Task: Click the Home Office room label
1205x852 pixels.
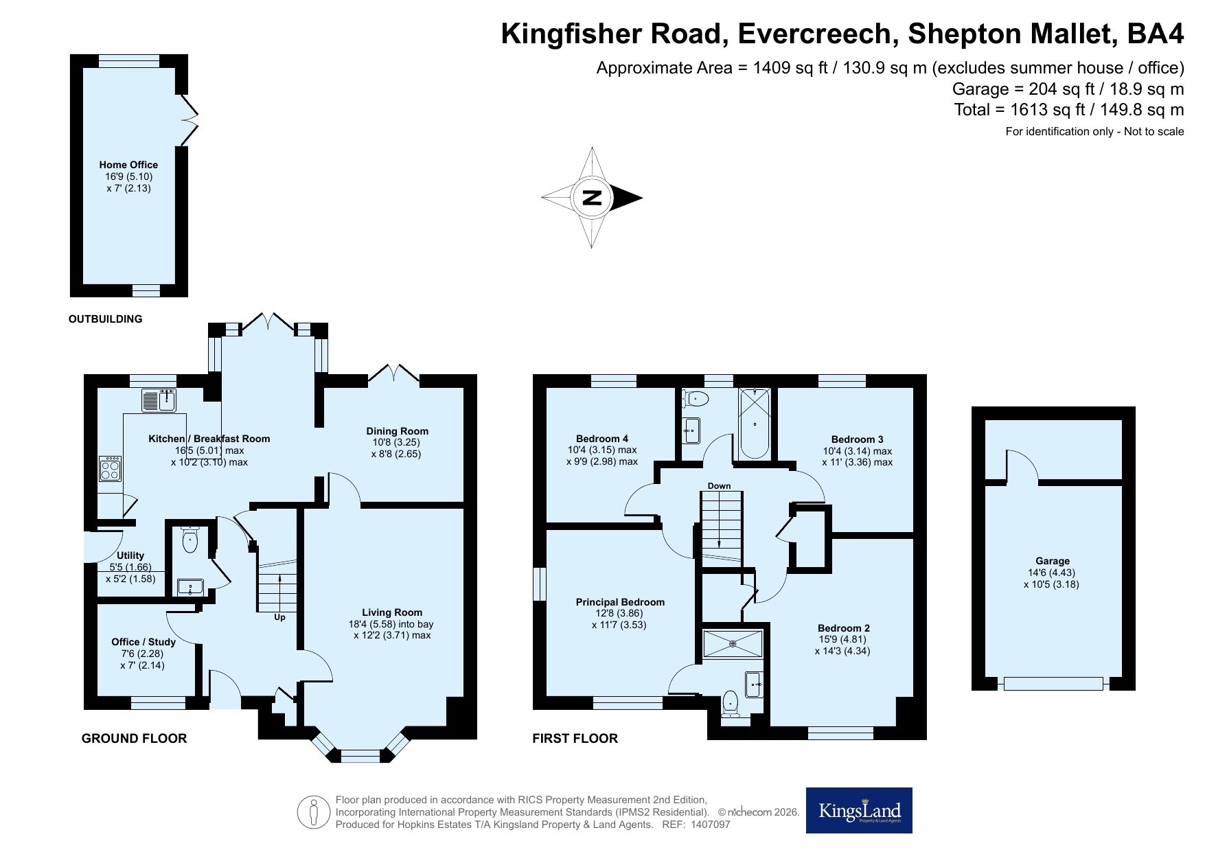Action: [128, 165]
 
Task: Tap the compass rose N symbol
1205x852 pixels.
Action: [592, 198]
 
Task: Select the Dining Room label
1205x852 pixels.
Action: [397, 431]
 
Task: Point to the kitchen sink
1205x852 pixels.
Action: [159, 400]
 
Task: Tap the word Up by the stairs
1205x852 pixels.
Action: [279, 617]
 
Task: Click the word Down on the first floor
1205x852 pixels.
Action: [719, 486]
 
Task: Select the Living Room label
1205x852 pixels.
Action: [392, 612]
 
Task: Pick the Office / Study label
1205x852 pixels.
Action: [144, 642]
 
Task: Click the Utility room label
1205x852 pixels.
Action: [130, 555]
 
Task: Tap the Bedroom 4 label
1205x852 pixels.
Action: [602, 439]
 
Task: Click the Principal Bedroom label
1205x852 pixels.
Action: [620, 602]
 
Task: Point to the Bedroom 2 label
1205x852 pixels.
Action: [844, 628]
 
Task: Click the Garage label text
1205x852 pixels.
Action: [1053, 561]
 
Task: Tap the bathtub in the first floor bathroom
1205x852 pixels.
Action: [755, 423]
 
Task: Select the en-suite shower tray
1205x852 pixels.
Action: [733, 644]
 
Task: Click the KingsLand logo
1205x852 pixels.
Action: [859, 810]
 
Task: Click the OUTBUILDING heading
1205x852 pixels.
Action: [105, 319]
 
